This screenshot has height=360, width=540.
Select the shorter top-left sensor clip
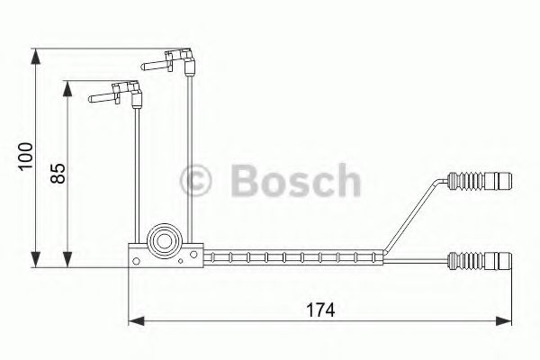tap(116, 91)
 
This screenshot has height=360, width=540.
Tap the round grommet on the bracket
tap(164, 239)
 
